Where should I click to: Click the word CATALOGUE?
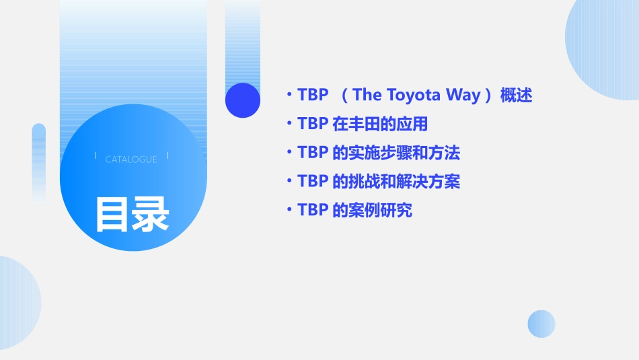pyautogui.click(x=131, y=159)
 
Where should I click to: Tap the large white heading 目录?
pyautogui.click(x=132, y=214)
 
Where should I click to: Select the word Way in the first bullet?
pyautogui.click(x=463, y=95)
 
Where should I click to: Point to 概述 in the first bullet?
pyautogui.click(x=516, y=96)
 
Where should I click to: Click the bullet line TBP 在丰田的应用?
pyautogui.click(x=363, y=124)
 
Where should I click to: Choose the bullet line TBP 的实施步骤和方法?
pyautogui.click(x=379, y=153)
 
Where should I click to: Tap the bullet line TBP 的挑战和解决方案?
pyautogui.click(x=379, y=182)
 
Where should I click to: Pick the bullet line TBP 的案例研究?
pyautogui.click(x=354, y=211)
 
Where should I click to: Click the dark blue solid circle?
pyautogui.click(x=243, y=100)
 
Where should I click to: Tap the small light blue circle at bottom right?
pyautogui.click(x=541, y=324)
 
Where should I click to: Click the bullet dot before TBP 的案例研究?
pyautogui.click(x=289, y=211)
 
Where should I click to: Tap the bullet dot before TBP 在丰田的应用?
pyautogui.click(x=289, y=124)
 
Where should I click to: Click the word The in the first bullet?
pyautogui.click(x=367, y=95)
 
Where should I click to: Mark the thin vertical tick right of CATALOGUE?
pyautogui.click(x=167, y=155)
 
